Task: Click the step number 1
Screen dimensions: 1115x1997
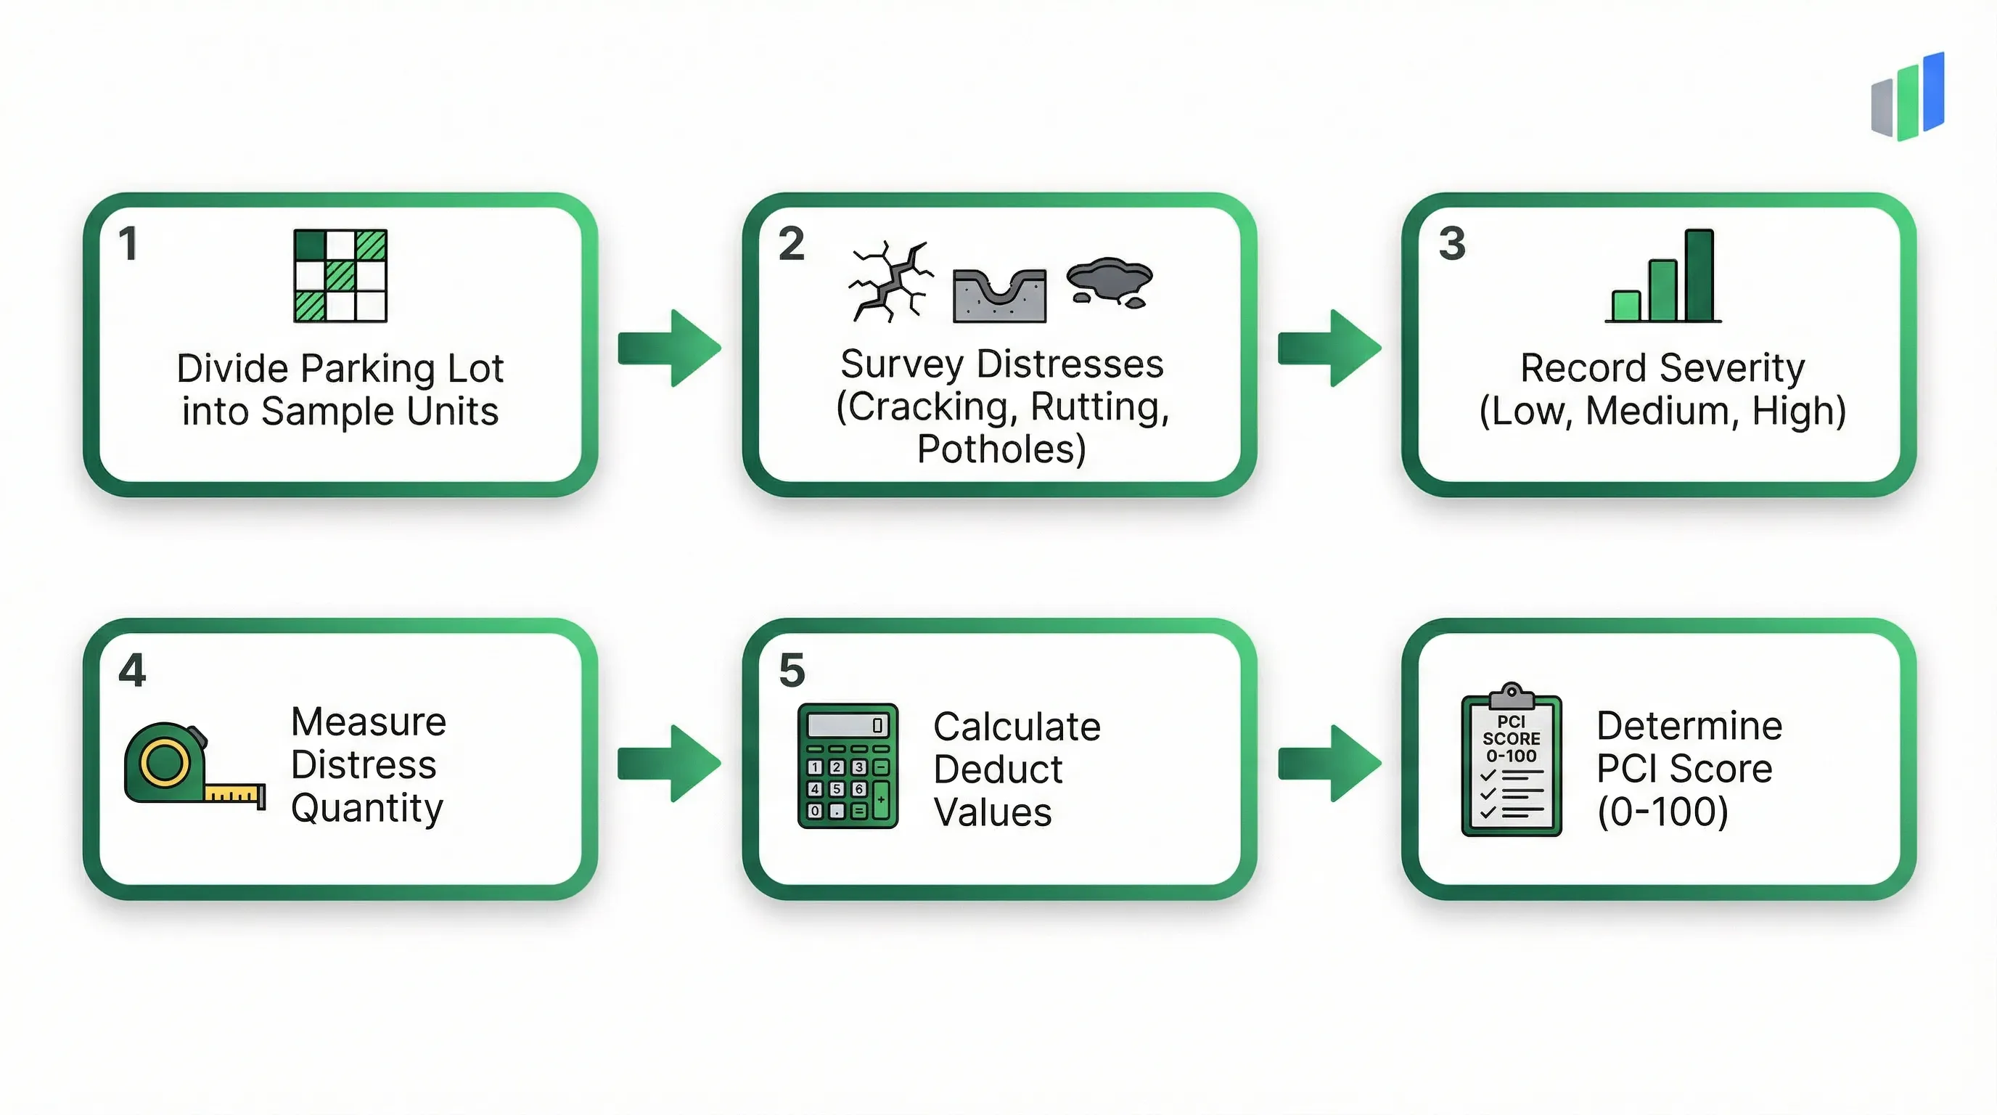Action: [128, 243]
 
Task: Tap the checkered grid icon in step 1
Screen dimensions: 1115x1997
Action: [340, 275]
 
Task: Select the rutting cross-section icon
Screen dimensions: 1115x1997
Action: [999, 295]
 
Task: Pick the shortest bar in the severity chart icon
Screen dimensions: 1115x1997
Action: [1625, 306]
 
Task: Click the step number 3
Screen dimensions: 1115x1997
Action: [1452, 243]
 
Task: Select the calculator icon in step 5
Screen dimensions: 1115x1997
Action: [848, 765]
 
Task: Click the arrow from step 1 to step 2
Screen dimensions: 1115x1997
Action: [670, 348]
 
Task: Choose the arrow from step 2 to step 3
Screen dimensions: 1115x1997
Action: [1329, 348]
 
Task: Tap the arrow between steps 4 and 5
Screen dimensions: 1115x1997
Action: [670, 764]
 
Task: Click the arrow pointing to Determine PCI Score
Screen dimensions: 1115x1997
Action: [1329, 764]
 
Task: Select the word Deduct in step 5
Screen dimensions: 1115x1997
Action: [998, 770]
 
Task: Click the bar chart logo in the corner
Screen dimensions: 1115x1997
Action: [1908, 98]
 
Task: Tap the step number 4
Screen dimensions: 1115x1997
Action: [132, 670]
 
